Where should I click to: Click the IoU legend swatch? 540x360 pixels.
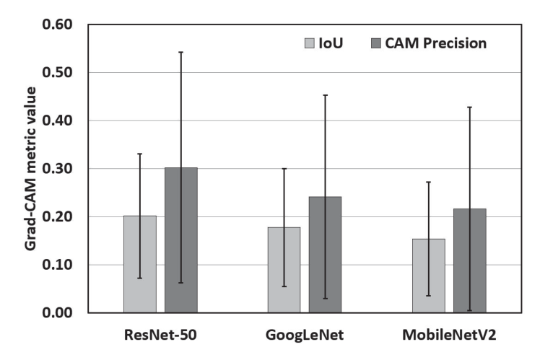pyautogui.click(x=310, y=43)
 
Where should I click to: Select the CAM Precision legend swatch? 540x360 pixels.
pyautogui.click(x=376, y=43)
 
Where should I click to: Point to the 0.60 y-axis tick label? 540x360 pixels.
pyautogui.click(x=58, y=25)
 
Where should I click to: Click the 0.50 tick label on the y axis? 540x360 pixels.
pyautogui.click(x=58, y=73)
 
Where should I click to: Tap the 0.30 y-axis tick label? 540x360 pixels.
pyautogui.click(x=58, y=169)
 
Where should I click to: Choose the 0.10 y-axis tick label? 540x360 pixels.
pyautogui.click(x=58, y=265)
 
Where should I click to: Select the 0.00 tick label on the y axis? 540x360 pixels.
pyautogui.click(x=58, y=312)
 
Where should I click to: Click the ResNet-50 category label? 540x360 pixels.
pyautogui.click(x=160, y=335)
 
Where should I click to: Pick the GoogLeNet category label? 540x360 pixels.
pyautogui.click(x=305, y=335)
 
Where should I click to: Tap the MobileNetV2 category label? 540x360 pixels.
pyautogui.click(x=450, y=335)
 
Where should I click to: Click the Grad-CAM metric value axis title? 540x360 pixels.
pyautogui.click(x=30, y=169)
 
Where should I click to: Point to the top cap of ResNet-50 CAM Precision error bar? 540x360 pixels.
pyautogui.click(x=181, y=52)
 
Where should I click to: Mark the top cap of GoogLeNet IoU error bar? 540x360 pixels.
pyautogui.click(x=284, y=169)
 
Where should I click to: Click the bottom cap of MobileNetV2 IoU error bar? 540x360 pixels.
pyautogui.click(x=429, y=296)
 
